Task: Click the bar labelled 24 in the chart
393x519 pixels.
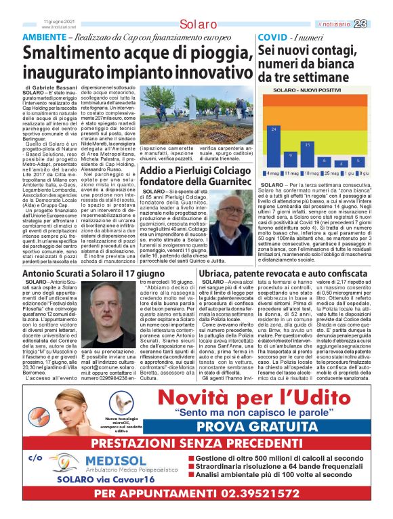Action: (274, 146)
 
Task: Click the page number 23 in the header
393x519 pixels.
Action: (379, 24)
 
